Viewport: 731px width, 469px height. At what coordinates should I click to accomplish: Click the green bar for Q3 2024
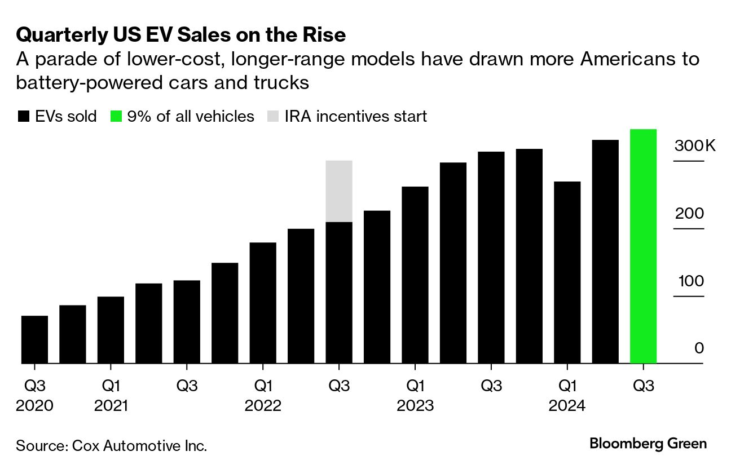click(643, 246)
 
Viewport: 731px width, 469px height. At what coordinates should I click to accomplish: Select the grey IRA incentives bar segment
click(339, 191)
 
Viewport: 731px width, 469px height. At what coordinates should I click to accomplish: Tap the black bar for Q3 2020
click(34, 339)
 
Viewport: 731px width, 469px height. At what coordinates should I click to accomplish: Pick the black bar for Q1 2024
click(567, 272)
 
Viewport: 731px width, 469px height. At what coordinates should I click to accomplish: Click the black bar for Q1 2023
click(415, 275)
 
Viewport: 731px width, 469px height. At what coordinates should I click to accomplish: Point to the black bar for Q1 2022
click(263, 303)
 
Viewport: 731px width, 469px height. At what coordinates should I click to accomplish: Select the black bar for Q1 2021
click(111, 330)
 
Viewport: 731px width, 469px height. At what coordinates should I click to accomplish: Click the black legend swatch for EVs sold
click(23, 117)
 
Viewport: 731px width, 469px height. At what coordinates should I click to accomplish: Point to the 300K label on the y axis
click(694, 147)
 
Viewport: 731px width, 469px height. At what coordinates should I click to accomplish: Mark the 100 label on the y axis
click(690, 281)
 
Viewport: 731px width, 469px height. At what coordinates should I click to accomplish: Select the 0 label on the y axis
click(699, 348)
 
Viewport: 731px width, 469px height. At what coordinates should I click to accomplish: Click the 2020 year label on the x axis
click(34, 406)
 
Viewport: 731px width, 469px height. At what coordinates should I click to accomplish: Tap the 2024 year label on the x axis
click(567, 406)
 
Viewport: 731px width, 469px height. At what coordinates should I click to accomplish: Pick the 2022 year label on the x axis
click(263, 406)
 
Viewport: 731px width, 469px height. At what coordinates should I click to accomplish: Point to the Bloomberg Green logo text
click(648, 444)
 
